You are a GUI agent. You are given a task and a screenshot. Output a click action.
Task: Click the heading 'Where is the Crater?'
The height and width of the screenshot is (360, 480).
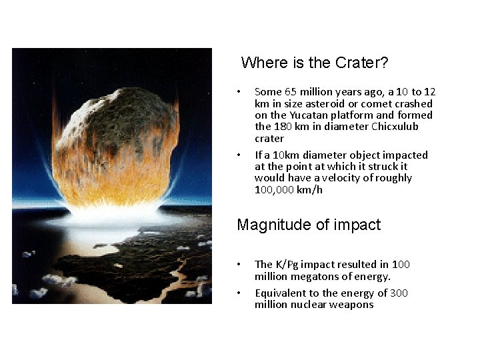coord(314,63)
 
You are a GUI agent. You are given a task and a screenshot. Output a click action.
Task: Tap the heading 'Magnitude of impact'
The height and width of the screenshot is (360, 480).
coord(309,225)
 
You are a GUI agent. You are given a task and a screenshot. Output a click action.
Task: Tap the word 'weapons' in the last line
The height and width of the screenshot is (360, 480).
coord(357,305)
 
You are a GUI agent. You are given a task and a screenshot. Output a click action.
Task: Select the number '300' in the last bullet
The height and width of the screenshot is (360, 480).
coord(399,293)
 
